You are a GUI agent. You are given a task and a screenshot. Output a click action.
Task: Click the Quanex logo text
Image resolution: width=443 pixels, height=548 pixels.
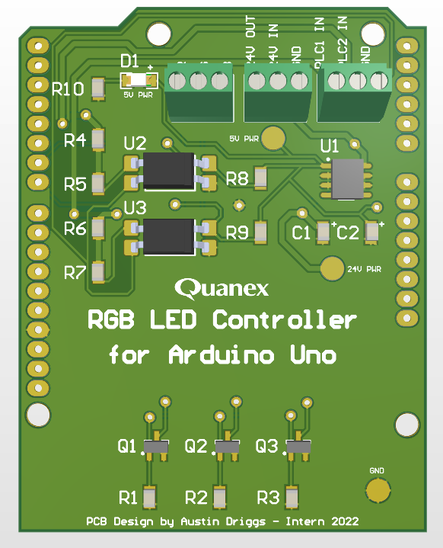point(221,287)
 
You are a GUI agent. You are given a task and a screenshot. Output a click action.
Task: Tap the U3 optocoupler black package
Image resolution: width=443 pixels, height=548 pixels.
point(168,236)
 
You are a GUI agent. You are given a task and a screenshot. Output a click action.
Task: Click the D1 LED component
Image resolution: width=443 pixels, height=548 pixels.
point(138,79)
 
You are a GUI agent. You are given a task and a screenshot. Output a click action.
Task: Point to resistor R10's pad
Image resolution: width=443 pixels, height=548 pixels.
point(98,88)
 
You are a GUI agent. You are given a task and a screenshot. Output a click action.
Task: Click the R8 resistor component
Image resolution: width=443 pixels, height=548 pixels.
point(261,178)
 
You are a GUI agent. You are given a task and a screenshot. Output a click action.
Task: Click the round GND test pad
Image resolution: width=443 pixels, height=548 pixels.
point(378,491)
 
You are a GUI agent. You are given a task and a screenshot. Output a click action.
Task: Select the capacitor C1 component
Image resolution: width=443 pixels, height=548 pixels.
point(323,232)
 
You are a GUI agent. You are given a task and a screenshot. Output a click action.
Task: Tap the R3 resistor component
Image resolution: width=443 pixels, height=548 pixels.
point(290,498)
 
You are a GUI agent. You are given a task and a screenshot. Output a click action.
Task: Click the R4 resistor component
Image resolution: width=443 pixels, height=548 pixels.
point(98,139)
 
